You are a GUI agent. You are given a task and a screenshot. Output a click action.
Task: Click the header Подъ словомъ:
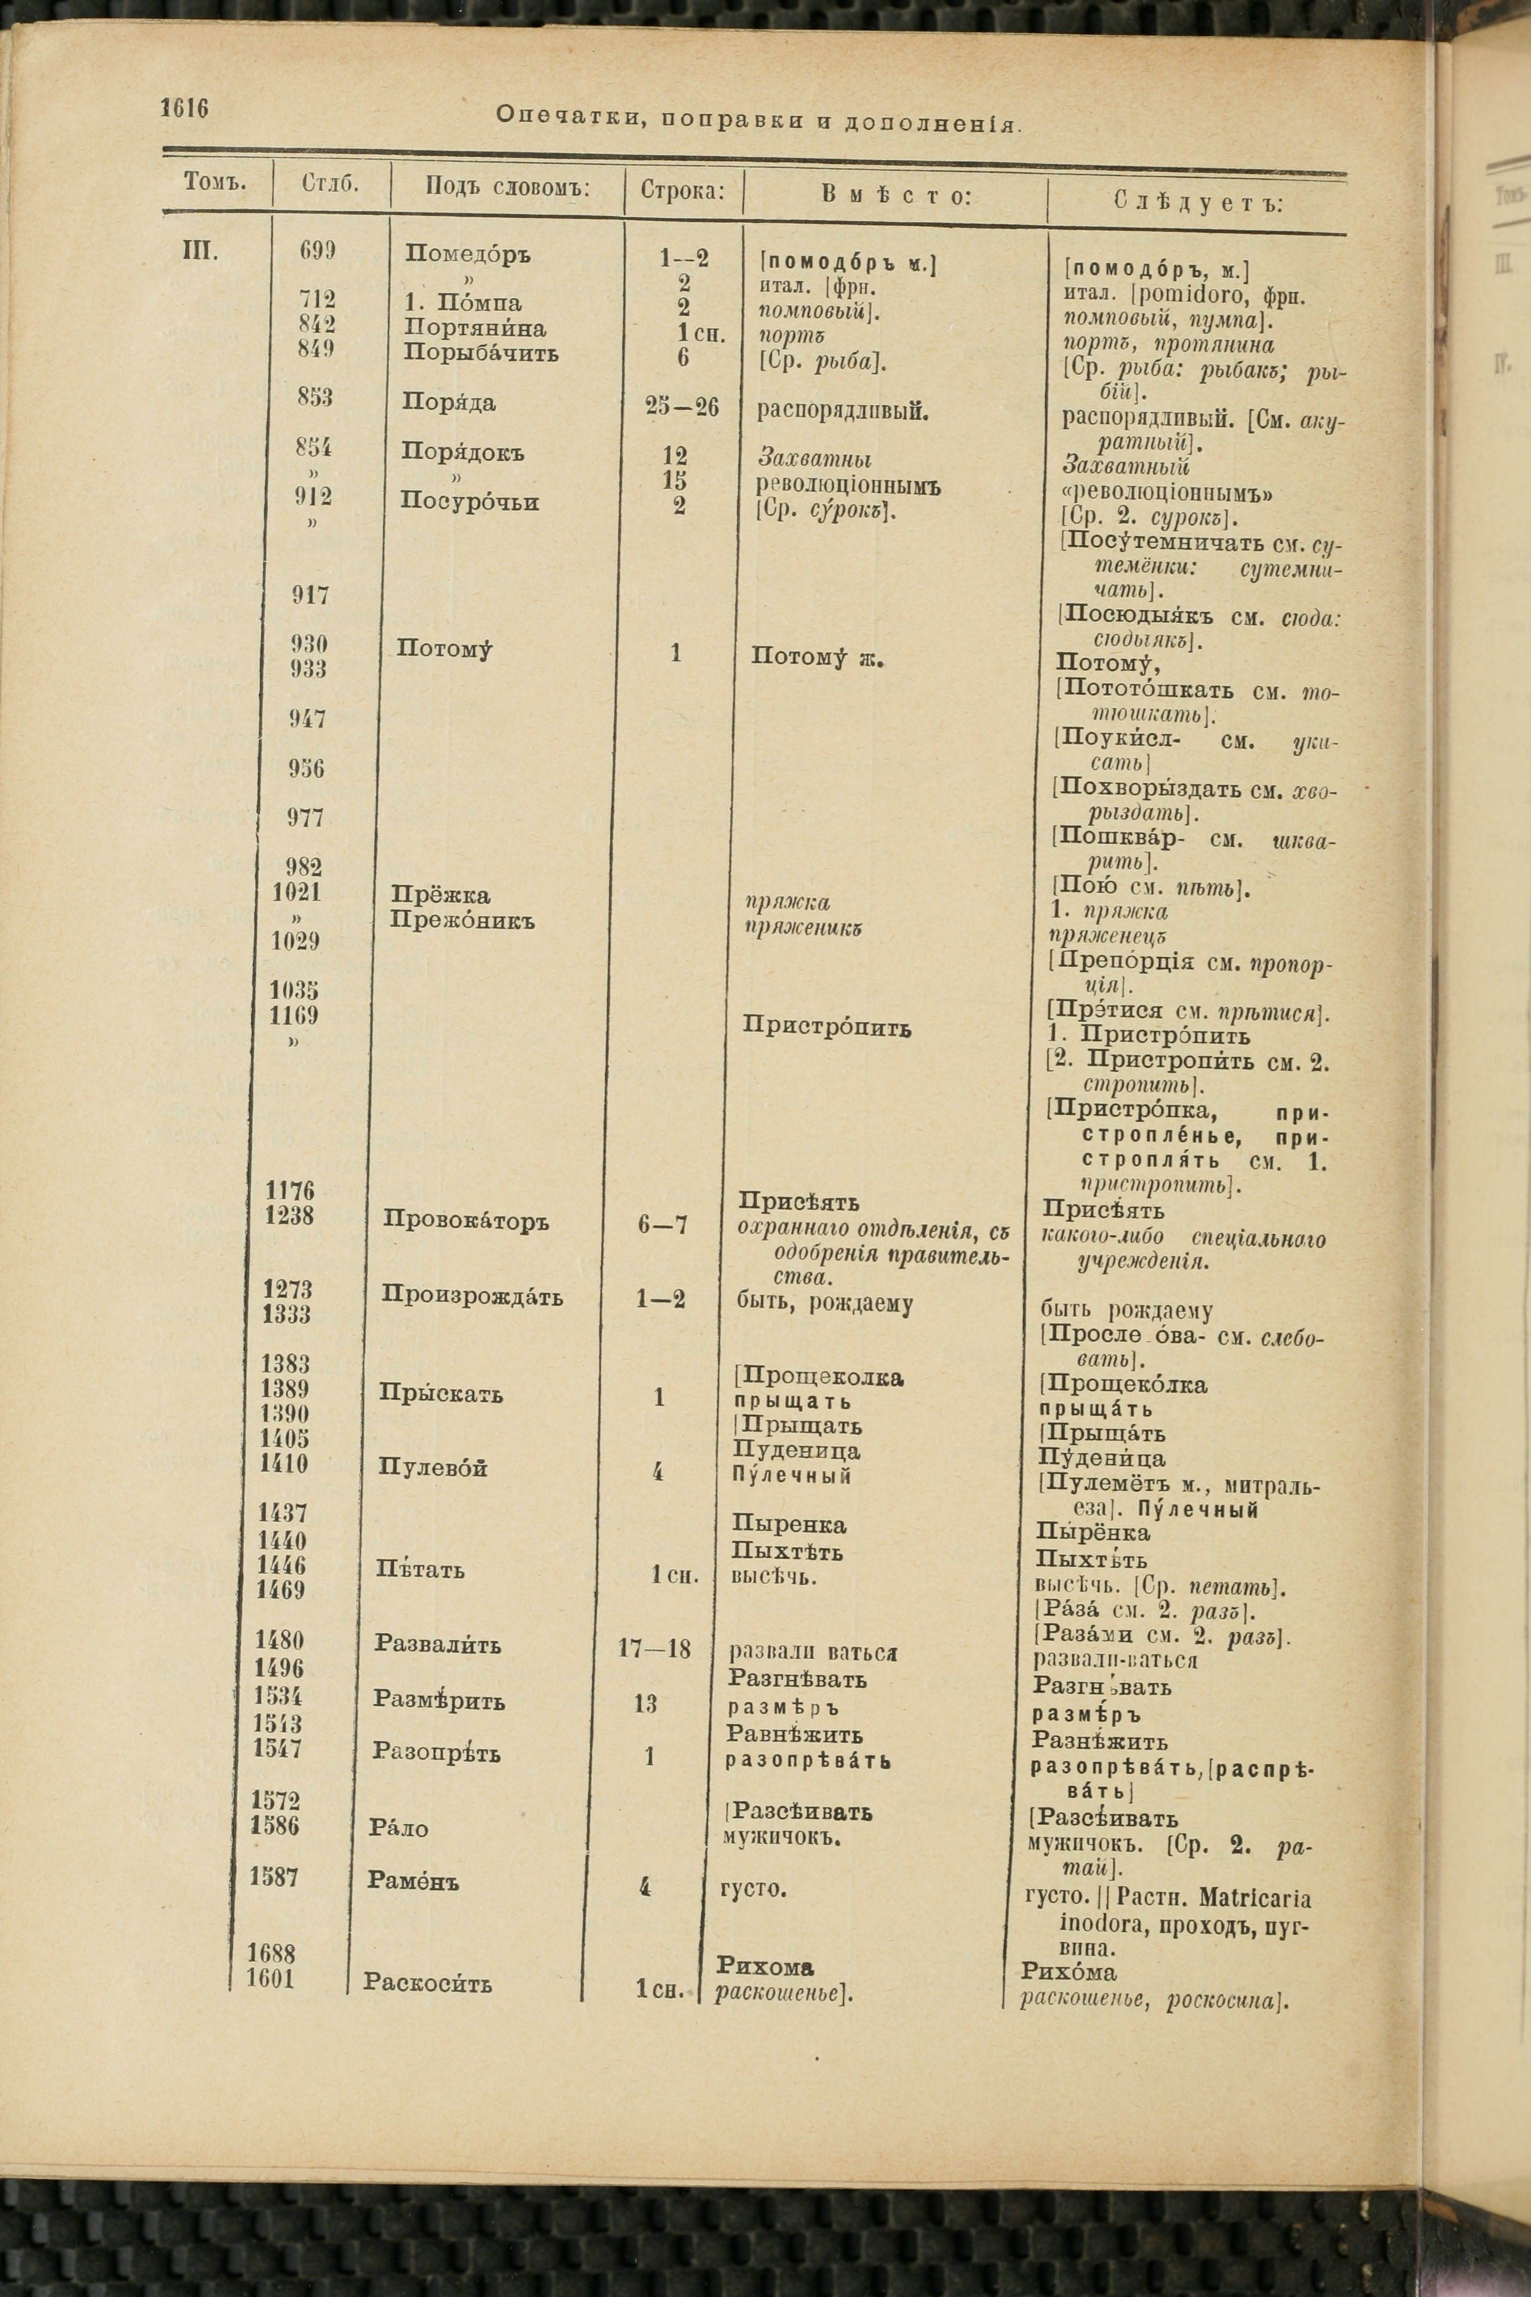[508, 188]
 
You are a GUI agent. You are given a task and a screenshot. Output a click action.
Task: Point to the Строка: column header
[682, 190]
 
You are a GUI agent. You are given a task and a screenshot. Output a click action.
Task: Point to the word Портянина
[475, 328]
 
